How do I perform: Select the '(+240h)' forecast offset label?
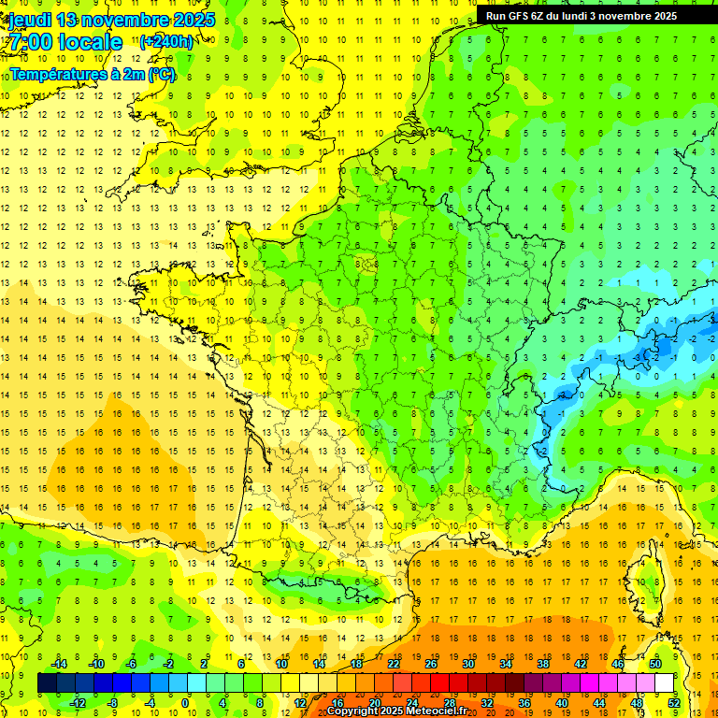click(x=166, y=41)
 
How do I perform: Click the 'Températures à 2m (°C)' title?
click(x=93, y=75)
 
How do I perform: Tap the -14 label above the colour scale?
click(x=58, y=663)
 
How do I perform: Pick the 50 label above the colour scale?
click(x=655, y=663)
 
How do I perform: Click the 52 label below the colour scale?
click(x=674, y=703)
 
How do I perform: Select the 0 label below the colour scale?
click(x=185, y=703)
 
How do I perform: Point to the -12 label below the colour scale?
click(x=77, y=703)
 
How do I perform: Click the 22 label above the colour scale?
click(x=394, y=663)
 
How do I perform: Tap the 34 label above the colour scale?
click(x=506, y=663)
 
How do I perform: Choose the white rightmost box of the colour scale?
click(x=664, y=683)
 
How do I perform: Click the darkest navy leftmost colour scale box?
click(x=47, y=683)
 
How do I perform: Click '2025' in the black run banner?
click(x=665, y=16)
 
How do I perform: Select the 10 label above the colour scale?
click(x=281, y=663)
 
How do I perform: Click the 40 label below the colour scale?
click(x=562, y=703)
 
